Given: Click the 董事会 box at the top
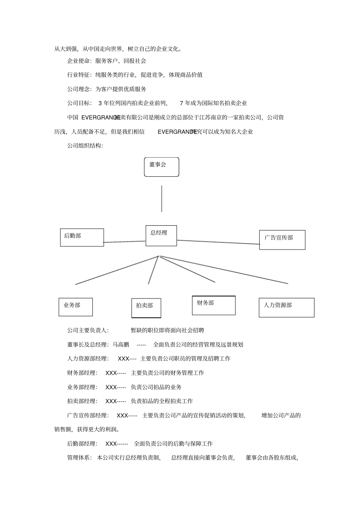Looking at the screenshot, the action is pyautogui.click(x=161, y=167).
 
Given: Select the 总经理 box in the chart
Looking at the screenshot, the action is pyautogui.click(x=161, y=235).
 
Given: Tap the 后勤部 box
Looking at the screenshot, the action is pyautogui.click(x=82, y=237).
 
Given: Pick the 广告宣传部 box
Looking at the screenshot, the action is pyautogui.click(x=282, y=240).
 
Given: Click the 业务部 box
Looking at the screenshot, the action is pyautogui.click(x=75, y=307).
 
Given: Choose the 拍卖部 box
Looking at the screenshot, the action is pyautogui.click(x=146, y=307).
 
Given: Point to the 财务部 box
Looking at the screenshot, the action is pyautogui.click(x=214, y=305).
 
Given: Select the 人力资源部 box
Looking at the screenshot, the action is pyautogui.click(x=286, y=307).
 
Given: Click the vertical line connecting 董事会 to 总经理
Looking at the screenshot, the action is pyautogui.click(x=162, y=199).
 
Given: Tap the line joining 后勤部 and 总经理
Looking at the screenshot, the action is pyautogui.click(x=124, y=242).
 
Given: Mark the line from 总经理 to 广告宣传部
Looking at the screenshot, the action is pyautogui.click(x=218, y=242).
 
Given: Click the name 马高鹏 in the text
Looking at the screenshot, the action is pyautogui.click(x=121, y=345).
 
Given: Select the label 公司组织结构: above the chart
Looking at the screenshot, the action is pyautogui.click(x=85, y=146).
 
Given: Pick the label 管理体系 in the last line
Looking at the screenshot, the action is pyautogui.click(x=79, y=458).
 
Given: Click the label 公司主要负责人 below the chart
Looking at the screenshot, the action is pyautogui.click(x=88, y=330).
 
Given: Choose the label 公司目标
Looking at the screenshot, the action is pyautogui.click(x=79, y=103).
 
